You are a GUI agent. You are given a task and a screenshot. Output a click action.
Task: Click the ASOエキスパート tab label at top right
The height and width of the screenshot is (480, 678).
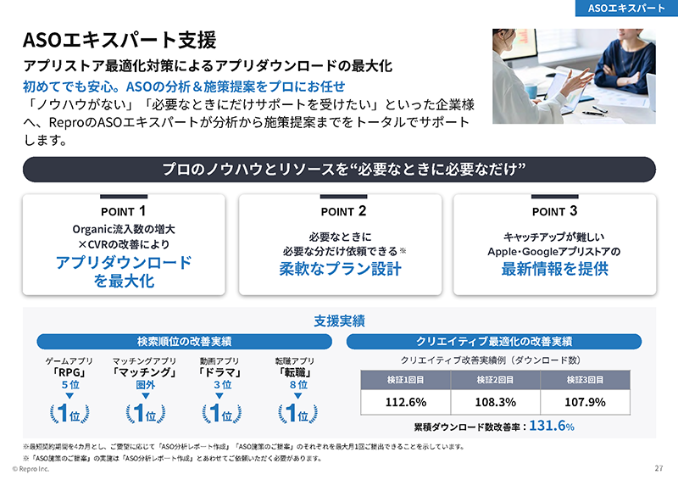tap(625, 8)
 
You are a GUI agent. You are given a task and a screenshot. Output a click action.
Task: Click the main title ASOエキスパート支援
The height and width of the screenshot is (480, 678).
tap(119, 40)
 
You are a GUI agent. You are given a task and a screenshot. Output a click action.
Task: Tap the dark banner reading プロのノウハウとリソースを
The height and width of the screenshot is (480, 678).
tap(339, 170)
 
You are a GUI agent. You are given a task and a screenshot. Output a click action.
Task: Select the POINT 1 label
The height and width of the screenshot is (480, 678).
tap(124, 211)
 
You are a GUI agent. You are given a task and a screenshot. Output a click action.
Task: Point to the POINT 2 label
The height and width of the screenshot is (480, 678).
tap(339, 211)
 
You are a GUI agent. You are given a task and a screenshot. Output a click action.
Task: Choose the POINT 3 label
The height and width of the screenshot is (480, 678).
tap(554, 211)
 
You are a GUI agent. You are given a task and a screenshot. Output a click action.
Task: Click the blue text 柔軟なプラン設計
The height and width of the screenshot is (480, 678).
tap(340, 270)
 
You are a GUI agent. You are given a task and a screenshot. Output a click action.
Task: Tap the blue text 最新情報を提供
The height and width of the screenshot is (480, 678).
tap(554, 270)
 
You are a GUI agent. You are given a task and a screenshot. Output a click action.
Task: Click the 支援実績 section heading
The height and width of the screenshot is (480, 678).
tap(339, 321)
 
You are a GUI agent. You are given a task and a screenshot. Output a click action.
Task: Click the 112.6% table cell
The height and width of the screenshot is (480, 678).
tap(405, 402)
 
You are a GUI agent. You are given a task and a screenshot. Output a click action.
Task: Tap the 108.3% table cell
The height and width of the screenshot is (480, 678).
tap(496, 402)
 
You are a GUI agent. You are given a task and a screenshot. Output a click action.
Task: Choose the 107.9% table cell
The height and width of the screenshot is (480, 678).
tap(586, 402)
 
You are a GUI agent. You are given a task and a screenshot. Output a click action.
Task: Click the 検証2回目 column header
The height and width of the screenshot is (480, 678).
tap(496, 378)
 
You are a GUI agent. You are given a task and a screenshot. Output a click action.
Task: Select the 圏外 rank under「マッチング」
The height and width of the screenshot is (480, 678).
tap(145, 385)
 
